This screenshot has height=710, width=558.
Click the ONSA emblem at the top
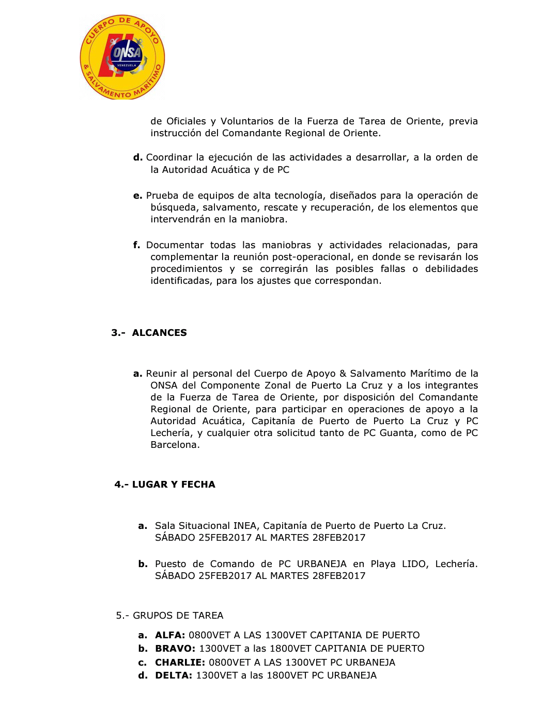pyautogui.click(x=122, y=57)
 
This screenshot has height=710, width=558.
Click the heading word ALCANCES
pyautogui.click(x=159, y=333)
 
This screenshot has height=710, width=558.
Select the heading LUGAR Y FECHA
pyautogui.click(x=174, y=485)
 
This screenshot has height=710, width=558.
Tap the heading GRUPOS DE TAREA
pyautogui.click(x=178, y=616)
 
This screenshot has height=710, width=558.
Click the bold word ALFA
pyautogui.click(x=170, y=635)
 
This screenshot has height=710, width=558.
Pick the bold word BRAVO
pyautogui.click(x=175, y=649)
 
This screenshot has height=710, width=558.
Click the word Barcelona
pyautogui.click(x=175, y=445)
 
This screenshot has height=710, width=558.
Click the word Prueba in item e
pyautogui.click(x=162, y=196)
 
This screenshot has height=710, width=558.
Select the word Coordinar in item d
pyautogui.click(x=168, y=157)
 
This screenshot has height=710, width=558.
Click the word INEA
pyautogui.click(x=245, y=526)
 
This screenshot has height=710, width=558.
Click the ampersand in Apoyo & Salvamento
pyautogui.click(x=343, y=374)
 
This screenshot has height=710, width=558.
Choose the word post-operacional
pyautogui.click(x=316, y=257)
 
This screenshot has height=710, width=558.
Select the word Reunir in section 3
pyautogui.click(x=161, y=374)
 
